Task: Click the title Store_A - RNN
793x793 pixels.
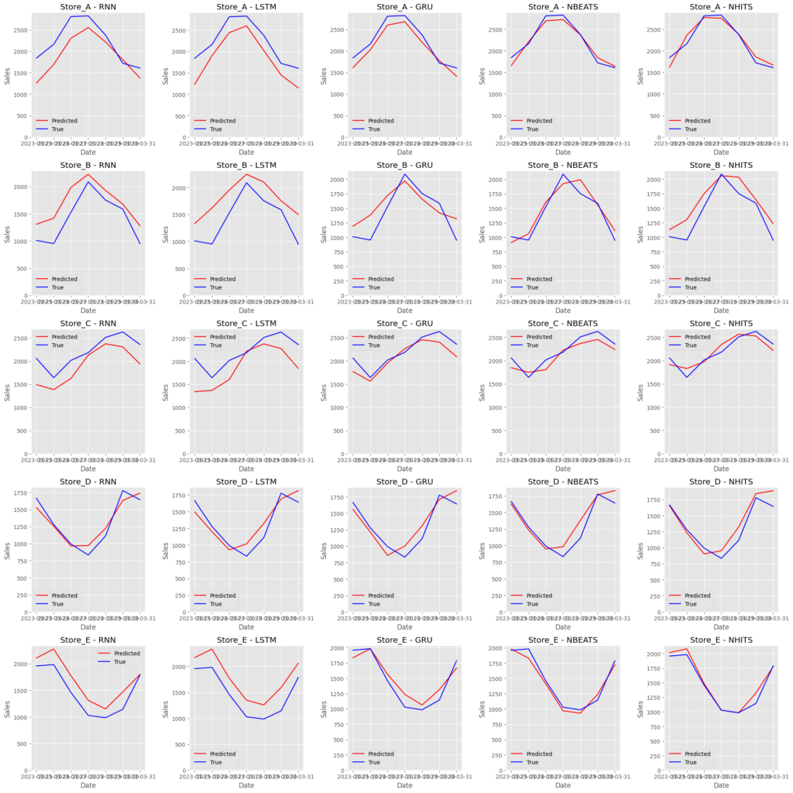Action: click(88, 6)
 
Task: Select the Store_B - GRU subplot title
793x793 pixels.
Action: click(404, 164)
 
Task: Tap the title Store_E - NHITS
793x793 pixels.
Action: click(721, 640)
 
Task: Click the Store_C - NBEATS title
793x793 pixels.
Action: click(562, 323)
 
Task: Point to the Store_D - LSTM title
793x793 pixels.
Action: click(246, 482)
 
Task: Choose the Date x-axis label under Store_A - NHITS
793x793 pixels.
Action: click(721, 152)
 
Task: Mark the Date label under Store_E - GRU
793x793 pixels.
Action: click(404, 785)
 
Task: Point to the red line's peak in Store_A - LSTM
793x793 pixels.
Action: click(246, 26)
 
